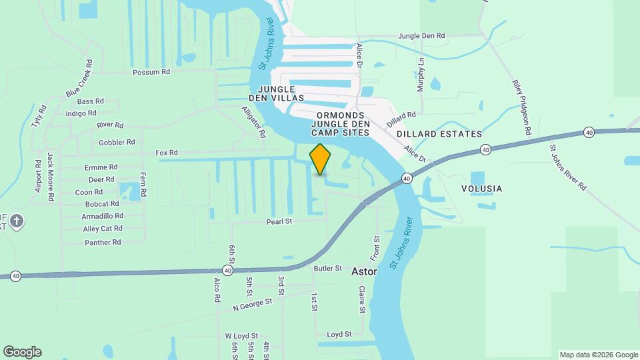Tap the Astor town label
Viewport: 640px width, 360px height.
pos(365,272)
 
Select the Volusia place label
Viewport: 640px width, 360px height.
pos(481,189)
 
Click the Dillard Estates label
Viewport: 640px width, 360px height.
pos(439,134)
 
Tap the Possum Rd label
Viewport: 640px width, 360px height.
pos(151,72)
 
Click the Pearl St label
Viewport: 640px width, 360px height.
pos(279,221)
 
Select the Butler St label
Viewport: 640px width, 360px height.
pos(327,268)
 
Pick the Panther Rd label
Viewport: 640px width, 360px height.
pos(103,243)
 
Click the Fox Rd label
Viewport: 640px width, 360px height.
pos(167,153)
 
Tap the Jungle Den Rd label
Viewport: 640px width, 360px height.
pos(421,35)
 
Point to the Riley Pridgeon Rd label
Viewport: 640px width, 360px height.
pos(520,109)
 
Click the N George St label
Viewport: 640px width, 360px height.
pos(253,305)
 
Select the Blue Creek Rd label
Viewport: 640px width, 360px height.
pos(79,82)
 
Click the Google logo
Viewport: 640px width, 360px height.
pos(21,352)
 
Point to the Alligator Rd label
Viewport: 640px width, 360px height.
pos(253,122)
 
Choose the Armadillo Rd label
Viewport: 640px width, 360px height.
pos(102,216)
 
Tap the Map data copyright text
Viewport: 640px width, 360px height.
pos(598,355)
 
